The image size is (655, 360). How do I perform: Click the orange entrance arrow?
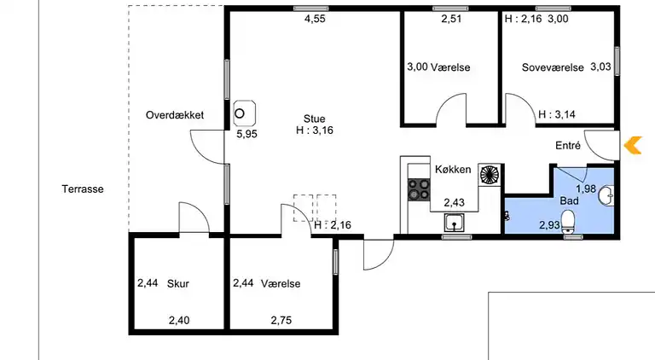[633, 145]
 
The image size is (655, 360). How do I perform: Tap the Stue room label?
[314, 119]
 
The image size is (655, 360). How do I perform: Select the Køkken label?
[453, 169]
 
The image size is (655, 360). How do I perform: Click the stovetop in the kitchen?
[419, 189]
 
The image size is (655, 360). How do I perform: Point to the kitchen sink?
[454, 222]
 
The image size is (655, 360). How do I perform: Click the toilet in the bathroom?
[568, 221]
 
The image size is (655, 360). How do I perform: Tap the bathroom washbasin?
[606, 195]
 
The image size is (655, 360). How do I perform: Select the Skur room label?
[178, 283]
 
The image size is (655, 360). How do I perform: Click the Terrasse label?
[83, 189]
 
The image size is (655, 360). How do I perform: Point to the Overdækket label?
[175, 115]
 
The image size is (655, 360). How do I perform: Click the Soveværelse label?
[553, 67]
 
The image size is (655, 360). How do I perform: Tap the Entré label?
[568, 145]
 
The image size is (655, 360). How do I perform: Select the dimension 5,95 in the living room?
[246, 134]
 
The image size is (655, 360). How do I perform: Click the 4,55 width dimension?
[315, 19]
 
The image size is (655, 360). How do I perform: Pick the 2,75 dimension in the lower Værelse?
[281, 320]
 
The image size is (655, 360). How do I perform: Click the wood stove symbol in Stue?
[245, 113]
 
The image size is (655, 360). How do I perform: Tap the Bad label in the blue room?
[570, 200]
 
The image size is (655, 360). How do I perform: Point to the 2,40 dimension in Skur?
[179, 320]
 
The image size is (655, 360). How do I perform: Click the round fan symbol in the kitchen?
[490, 175]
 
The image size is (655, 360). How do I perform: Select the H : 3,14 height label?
[557, 114]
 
